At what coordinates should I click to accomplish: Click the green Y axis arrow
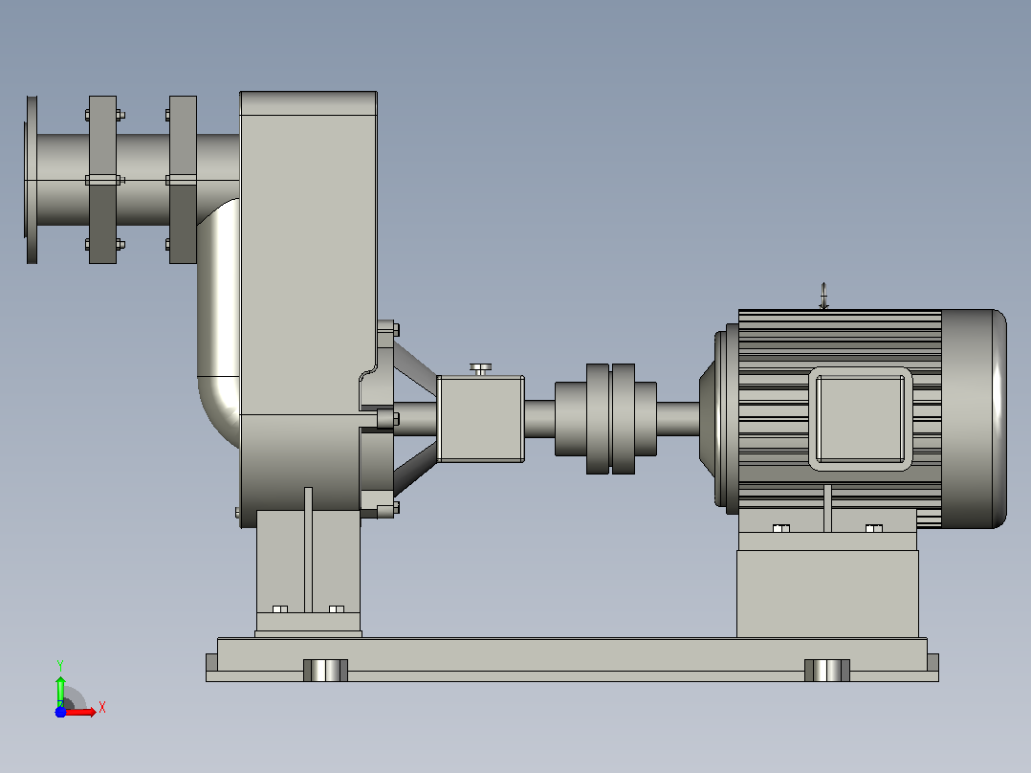tap(60, 691)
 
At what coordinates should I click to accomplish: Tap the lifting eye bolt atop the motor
tap(823, 296)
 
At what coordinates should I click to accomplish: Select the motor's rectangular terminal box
tap(860, 418)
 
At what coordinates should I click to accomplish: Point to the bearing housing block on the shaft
tap(481, 418)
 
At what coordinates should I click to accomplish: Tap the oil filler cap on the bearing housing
tap(481, 368)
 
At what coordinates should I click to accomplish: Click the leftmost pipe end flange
tap(32, 180)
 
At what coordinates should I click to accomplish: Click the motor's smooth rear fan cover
tap(974, 418)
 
